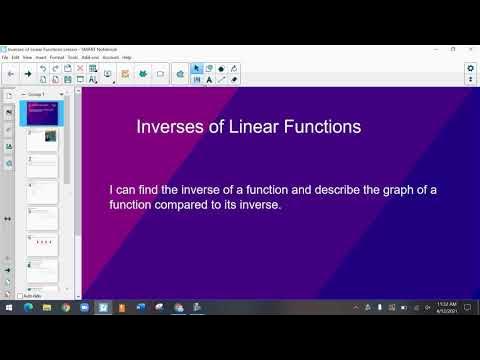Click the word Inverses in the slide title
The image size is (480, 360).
168,127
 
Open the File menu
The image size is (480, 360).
6,57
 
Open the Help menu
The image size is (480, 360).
127,57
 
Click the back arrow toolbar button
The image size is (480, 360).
10,73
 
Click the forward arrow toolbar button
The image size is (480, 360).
27,73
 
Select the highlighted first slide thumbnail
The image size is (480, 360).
43,113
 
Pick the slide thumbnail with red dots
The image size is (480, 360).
43,243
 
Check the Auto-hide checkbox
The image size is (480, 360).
20,296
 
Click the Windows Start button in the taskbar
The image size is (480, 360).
8,307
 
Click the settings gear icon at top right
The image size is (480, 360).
470,68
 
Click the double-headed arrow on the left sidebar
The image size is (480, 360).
8,217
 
